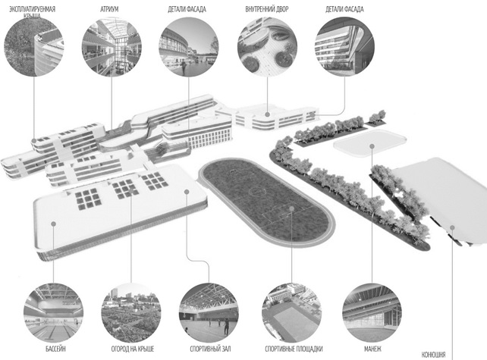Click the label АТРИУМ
tap(109, 9)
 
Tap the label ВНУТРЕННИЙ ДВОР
tap(267, 9)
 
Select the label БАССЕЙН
tap(55, 349)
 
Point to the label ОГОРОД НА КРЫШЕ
tap(133, 349)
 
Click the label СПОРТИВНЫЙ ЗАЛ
tap(210, 349)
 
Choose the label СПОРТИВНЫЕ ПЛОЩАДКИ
tap(294, 349)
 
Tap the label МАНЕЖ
tap(372, 349)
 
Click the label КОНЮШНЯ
tap(433, 355)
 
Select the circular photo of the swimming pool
tap(53, 312)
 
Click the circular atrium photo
tap(112, 46)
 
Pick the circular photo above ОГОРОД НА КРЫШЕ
tap(131, 312)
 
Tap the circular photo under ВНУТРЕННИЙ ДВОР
tap(267, 46)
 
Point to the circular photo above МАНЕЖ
tap(372, 312)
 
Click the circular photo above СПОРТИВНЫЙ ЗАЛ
tap(209, 312)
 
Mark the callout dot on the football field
tap(291, 208)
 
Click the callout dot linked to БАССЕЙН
tap(53, 224)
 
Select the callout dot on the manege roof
tap(372, 146)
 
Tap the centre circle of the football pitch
tap(256, 190)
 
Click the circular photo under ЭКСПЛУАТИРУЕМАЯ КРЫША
tap(34, 46)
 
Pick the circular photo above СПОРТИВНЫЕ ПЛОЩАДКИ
tap(292, 312)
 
